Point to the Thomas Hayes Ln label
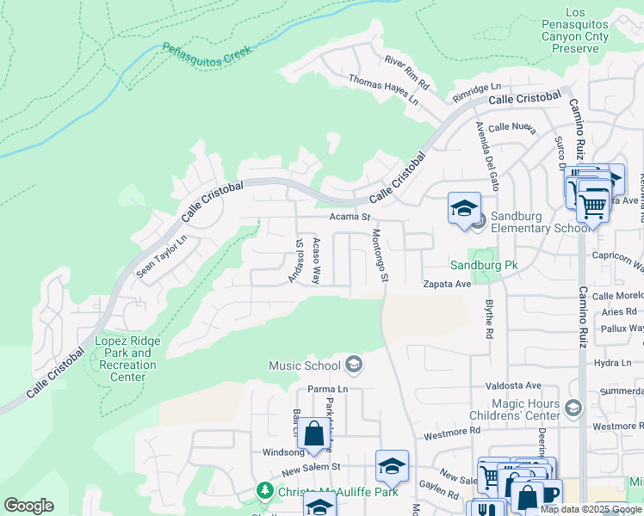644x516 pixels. [383, 89]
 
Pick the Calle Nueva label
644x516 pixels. [512, 128]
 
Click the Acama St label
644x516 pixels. [349, 218]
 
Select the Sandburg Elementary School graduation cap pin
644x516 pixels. [464, 208]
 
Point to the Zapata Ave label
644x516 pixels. [446, 284]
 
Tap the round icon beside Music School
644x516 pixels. [353, 365]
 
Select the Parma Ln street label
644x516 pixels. [327, 389]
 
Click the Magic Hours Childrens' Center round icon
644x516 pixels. [574, 406]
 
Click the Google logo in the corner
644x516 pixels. [28, 506]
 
